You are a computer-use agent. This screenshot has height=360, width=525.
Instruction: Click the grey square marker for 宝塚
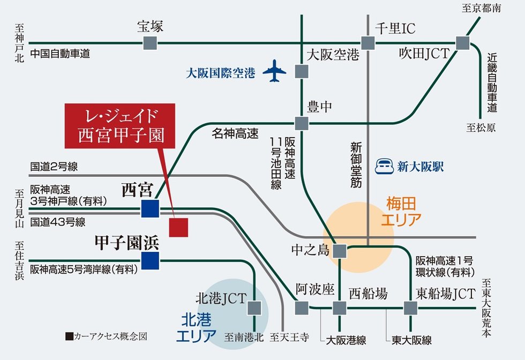click(150, 43)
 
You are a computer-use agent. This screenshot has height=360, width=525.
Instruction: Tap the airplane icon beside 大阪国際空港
click(275, 71)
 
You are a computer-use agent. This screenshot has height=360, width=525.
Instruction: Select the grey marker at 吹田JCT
click(462, 43)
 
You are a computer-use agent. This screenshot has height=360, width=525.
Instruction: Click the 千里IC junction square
click(368, 43)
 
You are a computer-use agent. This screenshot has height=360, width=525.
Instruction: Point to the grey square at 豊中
click(302, 123)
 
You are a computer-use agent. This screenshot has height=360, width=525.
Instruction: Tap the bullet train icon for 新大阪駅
click(384, 166)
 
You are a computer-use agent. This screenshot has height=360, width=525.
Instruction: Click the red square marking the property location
click(178, 227)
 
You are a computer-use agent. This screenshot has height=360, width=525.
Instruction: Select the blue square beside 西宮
click(150, 208)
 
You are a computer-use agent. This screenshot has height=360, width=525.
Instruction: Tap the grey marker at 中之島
click(340, 250)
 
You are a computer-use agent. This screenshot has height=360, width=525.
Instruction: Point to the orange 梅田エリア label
click(401, 211)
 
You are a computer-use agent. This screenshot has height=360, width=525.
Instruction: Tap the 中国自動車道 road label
click(60, 54)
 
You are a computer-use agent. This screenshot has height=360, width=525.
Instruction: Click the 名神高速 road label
click(235, 134)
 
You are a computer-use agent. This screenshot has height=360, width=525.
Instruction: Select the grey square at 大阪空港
click(302, 71)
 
